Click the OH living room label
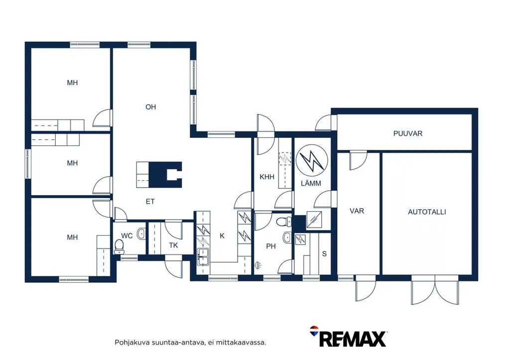(x=150, y=107)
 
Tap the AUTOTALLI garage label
(x=427, y=212)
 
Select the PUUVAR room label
(x=407, y=133)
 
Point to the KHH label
(x=267, y=177)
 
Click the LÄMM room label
(x=311, y=183)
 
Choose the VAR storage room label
(x=357, y=211)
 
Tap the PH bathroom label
(x=271, y=246)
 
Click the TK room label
(x=173, y=245)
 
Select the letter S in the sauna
(x=324, y=253)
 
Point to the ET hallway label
(x=150, y=202)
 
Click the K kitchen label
(x=222, y=236)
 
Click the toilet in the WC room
(x=120, y=246)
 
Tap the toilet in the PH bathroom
(x=284, y=222)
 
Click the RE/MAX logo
(x=348, y=337)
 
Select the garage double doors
(x=435, y=289)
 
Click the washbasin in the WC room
(x=141, y=234)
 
